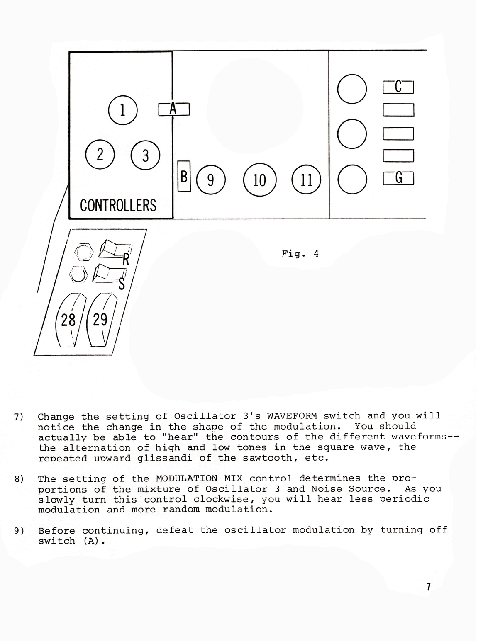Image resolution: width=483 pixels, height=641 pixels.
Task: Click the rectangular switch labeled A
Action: [x=174, y=109]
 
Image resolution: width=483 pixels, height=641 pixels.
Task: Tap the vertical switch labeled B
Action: [x=184, y=176]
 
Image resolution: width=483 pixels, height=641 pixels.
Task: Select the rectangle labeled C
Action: [x=398, y=87]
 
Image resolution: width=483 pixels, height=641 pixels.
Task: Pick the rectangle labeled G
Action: [x=398, y=178]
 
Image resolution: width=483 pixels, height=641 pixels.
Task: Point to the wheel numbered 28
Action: [x=70, y=320]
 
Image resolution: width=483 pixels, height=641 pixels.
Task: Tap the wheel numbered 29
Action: [x=102, y=320]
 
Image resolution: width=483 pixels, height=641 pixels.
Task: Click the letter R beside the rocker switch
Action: [x=126, y=259]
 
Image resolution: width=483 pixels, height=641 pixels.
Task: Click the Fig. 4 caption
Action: [x=300, y=253]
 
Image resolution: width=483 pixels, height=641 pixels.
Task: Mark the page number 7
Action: [x=428, y=587]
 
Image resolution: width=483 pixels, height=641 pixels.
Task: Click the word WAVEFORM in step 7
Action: [x=292, y=415]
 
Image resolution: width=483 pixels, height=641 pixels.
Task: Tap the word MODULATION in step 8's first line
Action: [x=187, y=478]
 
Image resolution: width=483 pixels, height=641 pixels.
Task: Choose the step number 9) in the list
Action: [x=19, y=531]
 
